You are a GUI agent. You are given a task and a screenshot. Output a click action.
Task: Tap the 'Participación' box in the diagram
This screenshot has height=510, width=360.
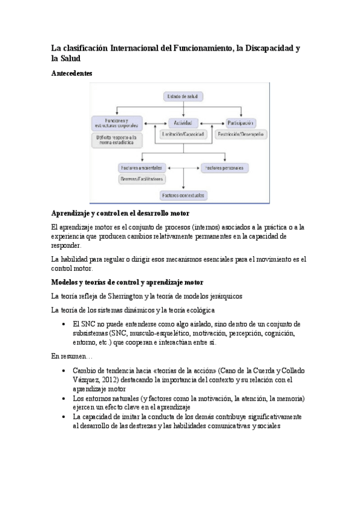pyautogui.click(x=240, y=122)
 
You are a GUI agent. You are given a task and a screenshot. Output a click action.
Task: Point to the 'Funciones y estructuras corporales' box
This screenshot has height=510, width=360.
pyautogui.click(x=117, y=123)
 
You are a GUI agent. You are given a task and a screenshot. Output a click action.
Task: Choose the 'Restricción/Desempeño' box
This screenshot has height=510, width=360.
pyautogui.click(x=240, y=134)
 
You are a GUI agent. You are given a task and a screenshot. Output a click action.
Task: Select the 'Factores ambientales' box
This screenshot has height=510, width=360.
pyautogui.click(x=141, y=167)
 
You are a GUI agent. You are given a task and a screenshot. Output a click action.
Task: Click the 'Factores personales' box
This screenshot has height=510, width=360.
pyautogui.click(x=225, y=167)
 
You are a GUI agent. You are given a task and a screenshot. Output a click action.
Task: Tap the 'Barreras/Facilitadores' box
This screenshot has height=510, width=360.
pyautogui.click(x=142, y=179)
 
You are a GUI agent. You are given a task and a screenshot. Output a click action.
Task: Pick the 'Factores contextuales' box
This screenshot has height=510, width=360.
pyautogui.click(x=183, y=195)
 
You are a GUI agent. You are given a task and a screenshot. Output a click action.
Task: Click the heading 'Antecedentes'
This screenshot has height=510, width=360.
pyautogui.click(x=72, y=73)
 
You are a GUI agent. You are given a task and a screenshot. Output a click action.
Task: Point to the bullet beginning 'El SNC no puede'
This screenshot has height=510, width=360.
pyautogui.click(x=64, y=324)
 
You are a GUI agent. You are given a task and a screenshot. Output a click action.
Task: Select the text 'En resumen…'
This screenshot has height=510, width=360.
pyautogui.click(x=68, y=356)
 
